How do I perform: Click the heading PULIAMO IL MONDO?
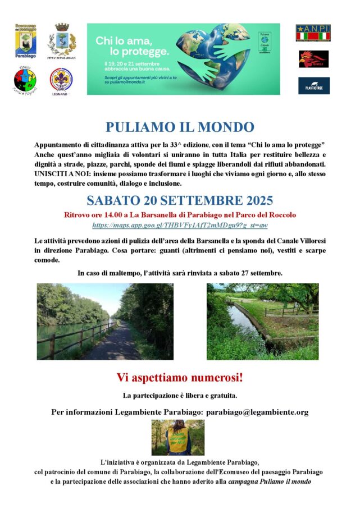(x=180, y=127)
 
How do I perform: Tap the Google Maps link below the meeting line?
(x=180, y=225)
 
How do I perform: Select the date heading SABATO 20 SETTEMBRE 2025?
(x=180, y=200)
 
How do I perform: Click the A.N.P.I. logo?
(x=313, y=33)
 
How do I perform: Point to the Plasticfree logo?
(x=313, y=85)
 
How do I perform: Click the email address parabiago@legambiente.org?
(x=257, y=412)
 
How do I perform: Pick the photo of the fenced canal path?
(x=105, y=321)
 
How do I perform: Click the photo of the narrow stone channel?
(x=262, y=321)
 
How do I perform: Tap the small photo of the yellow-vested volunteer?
(x=178, y=437)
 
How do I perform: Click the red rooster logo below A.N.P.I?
(x=313, y=58)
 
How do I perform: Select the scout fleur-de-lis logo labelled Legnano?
(x=61, y=79)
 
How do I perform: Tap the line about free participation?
(x=180, y=395)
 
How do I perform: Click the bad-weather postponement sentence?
(x=180, y=273)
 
